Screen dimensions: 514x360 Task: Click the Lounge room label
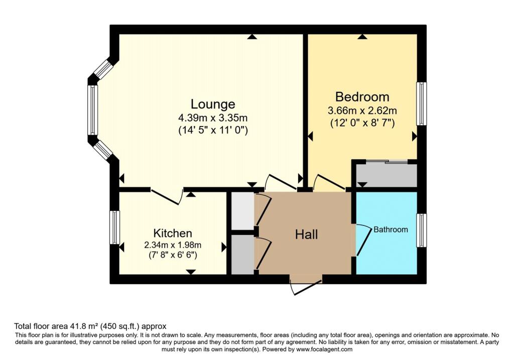click(213, 104)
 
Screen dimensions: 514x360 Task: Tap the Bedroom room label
click(362, 97)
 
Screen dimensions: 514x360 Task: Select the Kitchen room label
click(173, 233)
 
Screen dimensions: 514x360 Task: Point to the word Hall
click(307, 235)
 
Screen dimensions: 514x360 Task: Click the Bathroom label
click(391, 229)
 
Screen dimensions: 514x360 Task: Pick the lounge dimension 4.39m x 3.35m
click(213, 117)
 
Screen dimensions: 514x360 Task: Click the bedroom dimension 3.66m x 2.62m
click(362, 110)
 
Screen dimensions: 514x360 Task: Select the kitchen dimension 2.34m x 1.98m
click(173, 245)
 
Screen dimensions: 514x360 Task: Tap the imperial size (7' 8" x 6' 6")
click(173, 255)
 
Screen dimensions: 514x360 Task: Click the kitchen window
click(114, 227)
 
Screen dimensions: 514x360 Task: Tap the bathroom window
click(422, 230)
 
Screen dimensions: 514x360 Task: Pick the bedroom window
click(422, 103)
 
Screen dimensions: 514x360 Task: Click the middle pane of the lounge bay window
click(92, 110)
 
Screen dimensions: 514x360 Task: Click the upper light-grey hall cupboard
click(243, 211)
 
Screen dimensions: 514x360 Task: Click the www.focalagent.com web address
click(324, 349)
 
